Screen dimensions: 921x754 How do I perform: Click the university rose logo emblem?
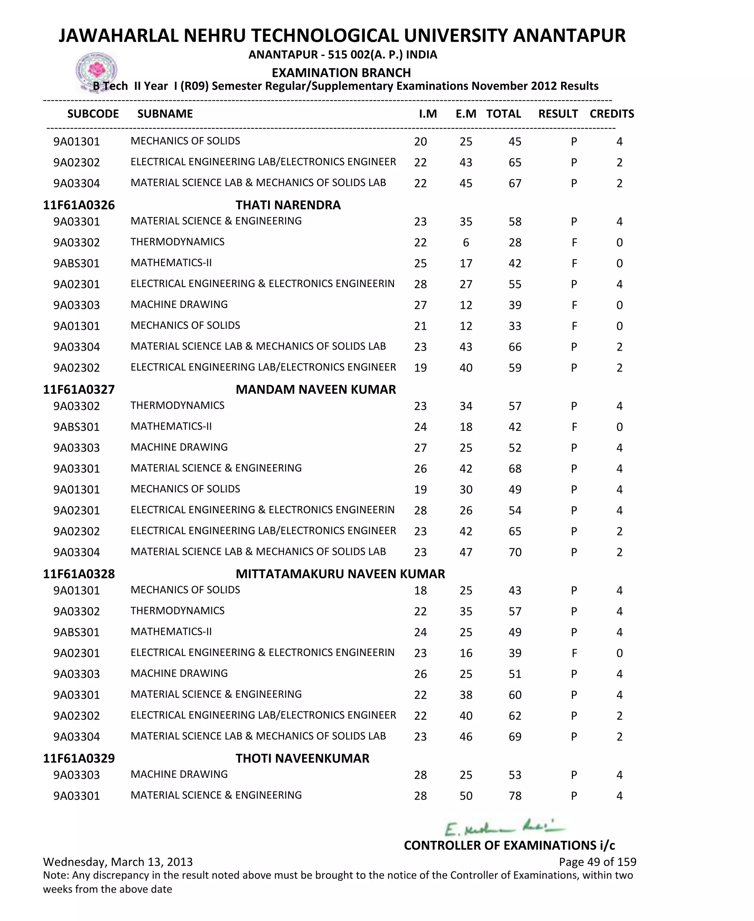pyautogui.click(x=96, y=71)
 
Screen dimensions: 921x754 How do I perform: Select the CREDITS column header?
pyautogui.click(x=612, y=114)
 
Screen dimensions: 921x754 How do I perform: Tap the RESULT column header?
pyautogui.click(x=558, y=114)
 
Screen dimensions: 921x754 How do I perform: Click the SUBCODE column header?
pyautogui.click(x=93, y=114)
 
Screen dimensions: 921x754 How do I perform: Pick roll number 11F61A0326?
pyautogui.click(x=79, y=205)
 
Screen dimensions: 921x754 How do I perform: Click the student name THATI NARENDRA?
pyautogui.click(x=288, y=205)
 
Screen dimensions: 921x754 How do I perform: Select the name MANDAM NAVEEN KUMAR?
pyautogui.click(x=316, y=389)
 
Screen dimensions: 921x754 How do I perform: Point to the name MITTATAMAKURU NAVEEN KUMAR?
pyautogui.click(x=340, y=574)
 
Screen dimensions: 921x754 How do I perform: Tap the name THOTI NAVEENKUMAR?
pyautogui.click(x=302, y=758)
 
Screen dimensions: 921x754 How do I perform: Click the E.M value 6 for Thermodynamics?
pyautogui.click(x=466, y=242)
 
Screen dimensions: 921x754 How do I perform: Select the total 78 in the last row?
pyautogui.click(x=515, y=796)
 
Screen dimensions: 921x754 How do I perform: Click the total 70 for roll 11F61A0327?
pyautogui.click(x=515, y=552)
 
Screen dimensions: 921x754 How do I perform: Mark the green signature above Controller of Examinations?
pyautogui.click(x=504, y=828)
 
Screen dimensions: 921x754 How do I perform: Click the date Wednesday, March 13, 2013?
pyautogui.click(x=118, y=862)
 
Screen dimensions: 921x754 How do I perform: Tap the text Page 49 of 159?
pyautogui.click(x=597, y=862)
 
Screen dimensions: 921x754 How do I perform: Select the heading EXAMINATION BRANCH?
pyautogui.click(x=341, y=72)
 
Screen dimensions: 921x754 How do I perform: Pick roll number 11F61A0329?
pyautogui.click(x=79, y=758)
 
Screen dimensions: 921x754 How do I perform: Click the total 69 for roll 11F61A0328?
pyautogui.click(x=515, y=737)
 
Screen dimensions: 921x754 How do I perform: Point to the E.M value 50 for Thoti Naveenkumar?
pyautogui.click(x=466, y=796)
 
